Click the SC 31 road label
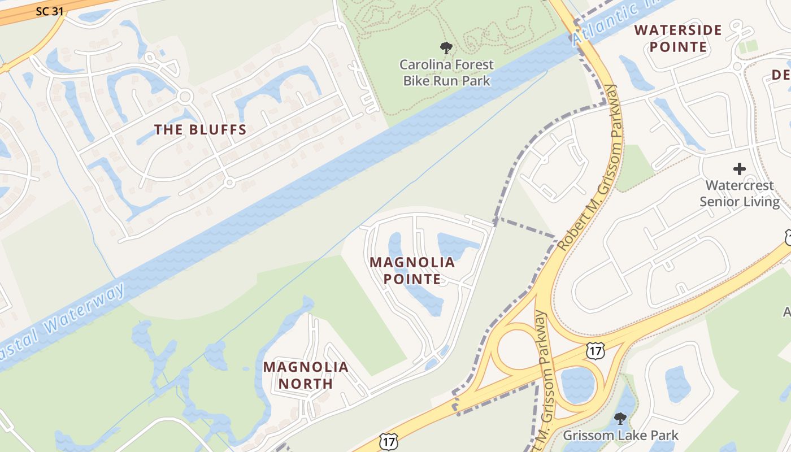point(50,11)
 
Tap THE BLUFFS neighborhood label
point(201,129)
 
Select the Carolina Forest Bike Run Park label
point(446,73)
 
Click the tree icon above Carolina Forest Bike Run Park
point(446,48)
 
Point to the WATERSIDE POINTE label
point(678,38)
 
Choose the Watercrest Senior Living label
point(740,193)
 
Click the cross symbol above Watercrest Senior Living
point(739,168)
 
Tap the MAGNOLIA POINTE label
point(412,271)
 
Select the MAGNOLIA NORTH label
point(306,375)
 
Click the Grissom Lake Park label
point(620,436)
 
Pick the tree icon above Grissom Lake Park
point(620,419)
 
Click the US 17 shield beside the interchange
point(596,350)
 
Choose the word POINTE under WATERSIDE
point(678,46)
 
